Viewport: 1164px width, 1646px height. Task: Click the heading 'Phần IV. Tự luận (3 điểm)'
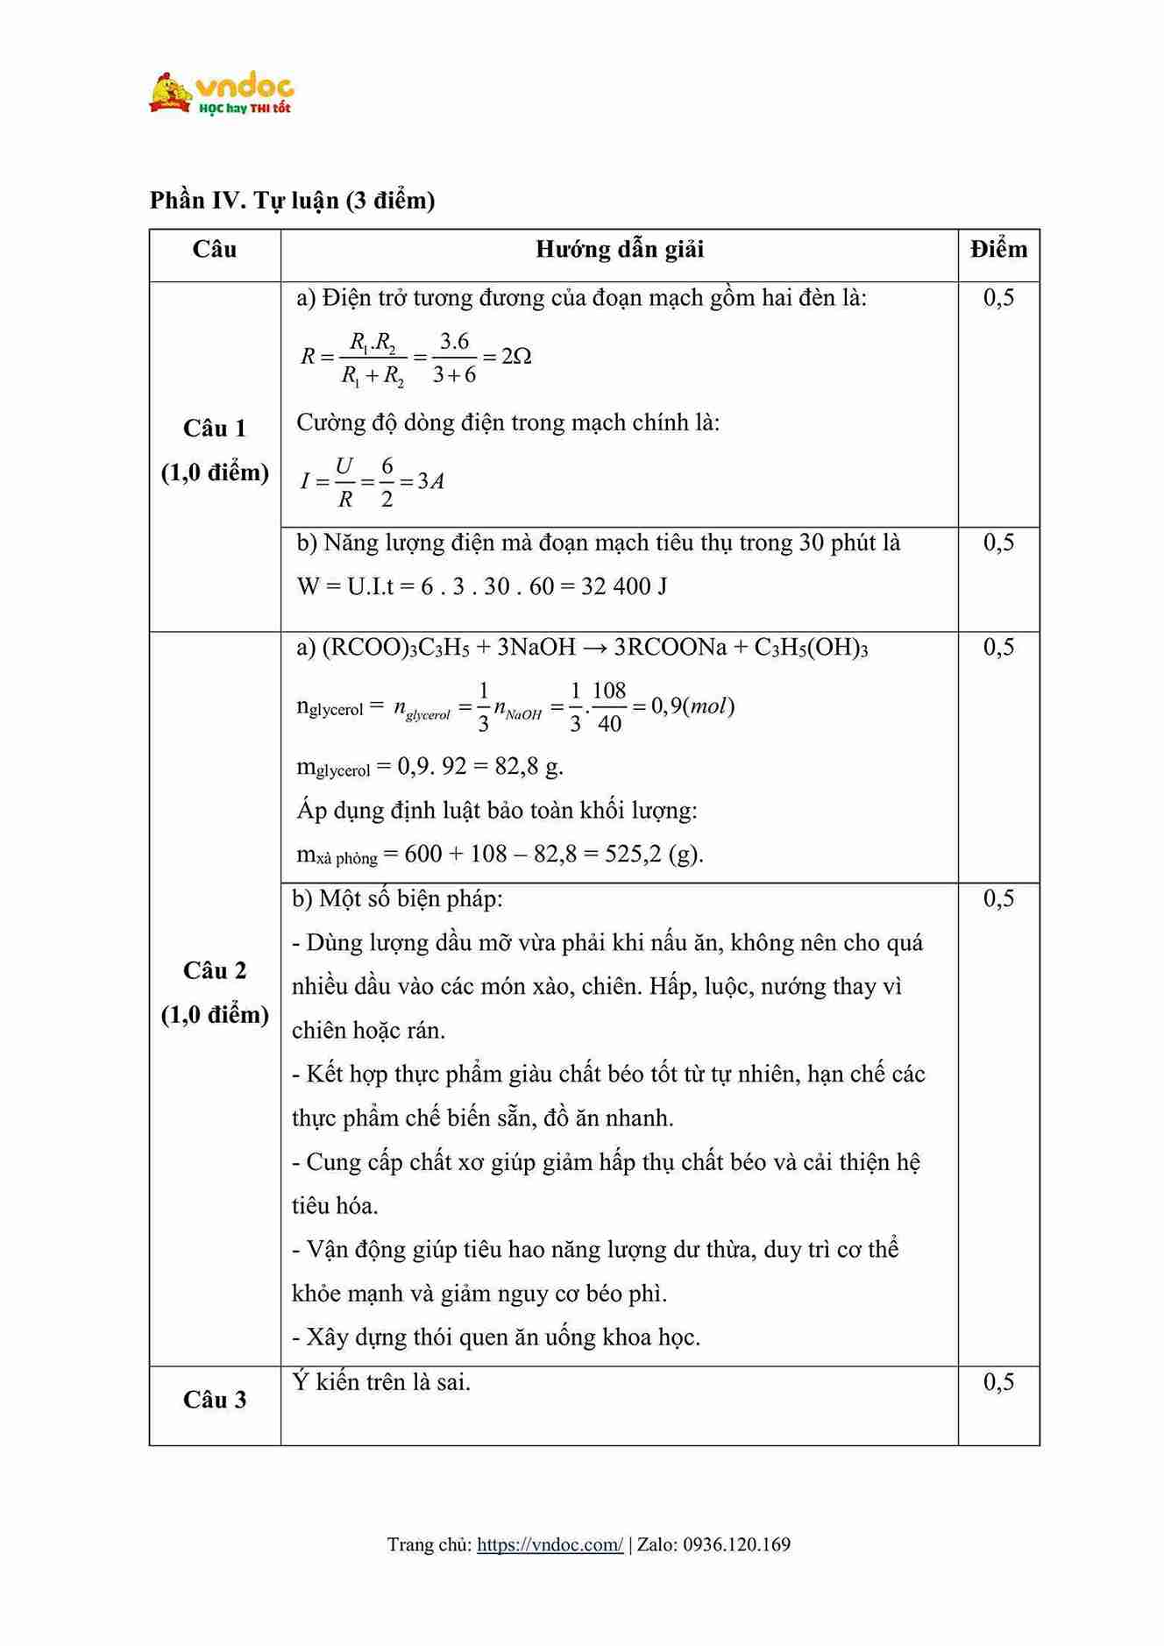tap(292, 201)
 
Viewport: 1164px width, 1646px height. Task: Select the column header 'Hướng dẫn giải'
tap(619, 250)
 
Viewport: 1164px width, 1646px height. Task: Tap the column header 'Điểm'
tap(998, 250)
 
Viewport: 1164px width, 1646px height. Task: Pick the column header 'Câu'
tap(215, 250)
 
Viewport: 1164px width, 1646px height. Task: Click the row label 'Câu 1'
tap(215, 429)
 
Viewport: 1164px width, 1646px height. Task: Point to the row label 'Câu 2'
tap(215, 971)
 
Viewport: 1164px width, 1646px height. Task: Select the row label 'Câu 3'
tap(215, 1400)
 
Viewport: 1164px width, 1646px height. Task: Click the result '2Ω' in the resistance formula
tap(516, 357)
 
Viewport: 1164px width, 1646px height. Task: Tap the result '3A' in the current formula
tap(430, 481)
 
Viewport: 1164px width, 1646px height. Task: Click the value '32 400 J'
tap(624, 586)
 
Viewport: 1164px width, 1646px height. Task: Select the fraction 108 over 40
tap(609, 706)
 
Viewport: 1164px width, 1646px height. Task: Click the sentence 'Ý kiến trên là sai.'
tap(381, 1382)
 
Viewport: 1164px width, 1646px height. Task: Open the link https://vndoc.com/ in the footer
tap(550, 1544)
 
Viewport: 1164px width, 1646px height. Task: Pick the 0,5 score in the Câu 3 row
tap(998, 1382)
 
